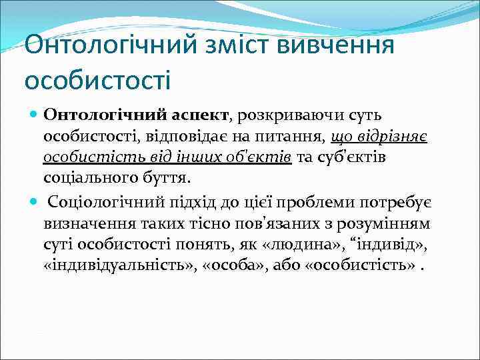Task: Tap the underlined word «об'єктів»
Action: (260, 158)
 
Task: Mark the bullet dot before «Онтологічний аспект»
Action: (34, 115)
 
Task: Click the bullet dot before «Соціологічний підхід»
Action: (34, 201)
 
